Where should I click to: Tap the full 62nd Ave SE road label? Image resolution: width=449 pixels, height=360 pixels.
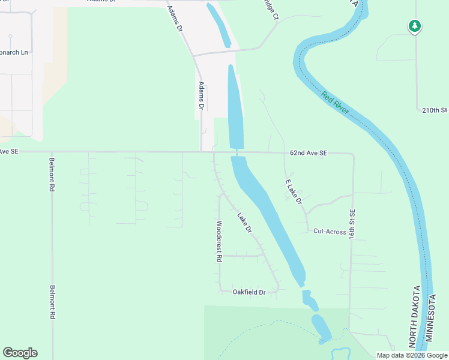tap(308, 154)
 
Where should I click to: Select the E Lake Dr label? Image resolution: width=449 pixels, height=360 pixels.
tap(294, 191)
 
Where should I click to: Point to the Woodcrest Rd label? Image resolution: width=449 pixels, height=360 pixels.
tap(219, 242)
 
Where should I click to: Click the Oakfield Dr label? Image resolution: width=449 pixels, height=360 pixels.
tap(249, 292)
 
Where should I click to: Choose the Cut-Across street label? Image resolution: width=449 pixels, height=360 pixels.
tap(330, 231)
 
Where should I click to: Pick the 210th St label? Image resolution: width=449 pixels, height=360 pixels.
tap(435, 110)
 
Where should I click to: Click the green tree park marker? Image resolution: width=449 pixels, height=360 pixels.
tap(414, 26)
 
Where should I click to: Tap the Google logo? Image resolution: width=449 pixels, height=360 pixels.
tap(20, 353)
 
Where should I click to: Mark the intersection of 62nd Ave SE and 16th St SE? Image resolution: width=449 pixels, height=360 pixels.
tap(353, 154)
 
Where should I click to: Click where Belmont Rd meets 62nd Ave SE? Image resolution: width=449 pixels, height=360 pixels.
tap(52, 152)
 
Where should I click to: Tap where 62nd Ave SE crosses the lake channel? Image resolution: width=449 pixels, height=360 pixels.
tap(237, 152)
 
